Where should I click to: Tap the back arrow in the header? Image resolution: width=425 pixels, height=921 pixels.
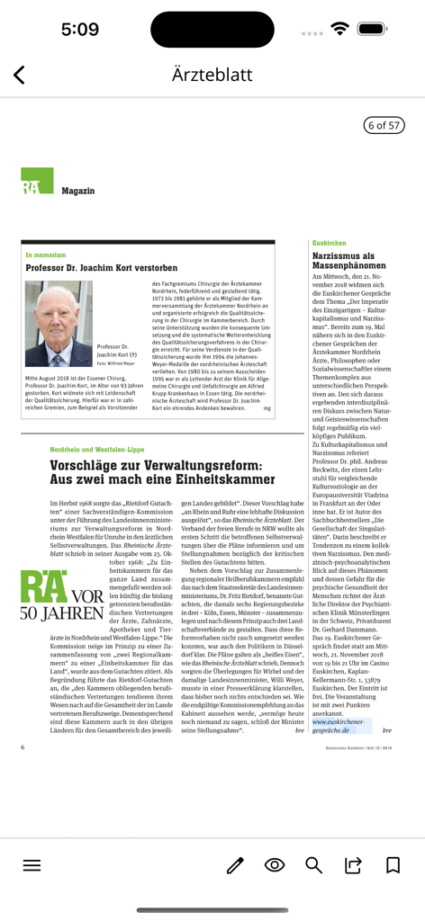click(x=20, y=76)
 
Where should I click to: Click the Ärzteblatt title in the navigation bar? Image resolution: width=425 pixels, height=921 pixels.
click(x=212, y=75)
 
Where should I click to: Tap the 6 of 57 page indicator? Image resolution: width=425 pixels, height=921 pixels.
click(x=383, y=125)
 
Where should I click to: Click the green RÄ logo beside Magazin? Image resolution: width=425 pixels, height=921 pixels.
click(x=37, y=181)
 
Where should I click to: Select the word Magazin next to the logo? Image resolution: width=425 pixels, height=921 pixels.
click(x=78, y=191)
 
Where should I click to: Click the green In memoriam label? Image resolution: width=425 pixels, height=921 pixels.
click(x=46, y=255)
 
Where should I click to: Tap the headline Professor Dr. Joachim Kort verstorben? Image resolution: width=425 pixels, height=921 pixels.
click(x=102, y=268)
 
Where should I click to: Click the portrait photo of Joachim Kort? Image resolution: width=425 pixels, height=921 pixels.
click(x=59, y=322)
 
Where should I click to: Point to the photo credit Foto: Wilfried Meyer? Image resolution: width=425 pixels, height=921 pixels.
click(x=114, y=363)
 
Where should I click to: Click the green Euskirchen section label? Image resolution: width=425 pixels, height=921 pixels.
click(x=329, y=243)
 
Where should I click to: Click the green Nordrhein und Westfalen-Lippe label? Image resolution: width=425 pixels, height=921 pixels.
click(x=97, y=449)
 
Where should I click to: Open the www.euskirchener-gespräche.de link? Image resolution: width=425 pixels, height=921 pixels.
click(x=339, y=727)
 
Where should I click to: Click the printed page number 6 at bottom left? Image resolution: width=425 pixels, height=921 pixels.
click(x=23, y=747)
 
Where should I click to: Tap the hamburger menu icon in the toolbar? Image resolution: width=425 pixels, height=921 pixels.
click(x=32, y=865)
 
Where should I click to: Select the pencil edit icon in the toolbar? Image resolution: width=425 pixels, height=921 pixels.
click(x=235, y=865)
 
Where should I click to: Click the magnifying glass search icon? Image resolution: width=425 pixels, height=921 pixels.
click(x=313, y=865)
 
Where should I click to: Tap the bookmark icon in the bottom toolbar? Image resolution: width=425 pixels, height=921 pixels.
click(x=393, y=865)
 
